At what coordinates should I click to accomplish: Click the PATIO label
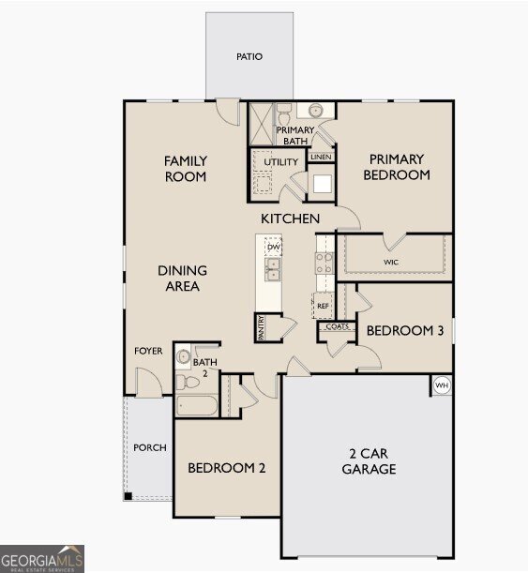[x=249, y=56]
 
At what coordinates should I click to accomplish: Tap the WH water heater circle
[x=442, y=385]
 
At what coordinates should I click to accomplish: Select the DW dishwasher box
[x=273, y=247]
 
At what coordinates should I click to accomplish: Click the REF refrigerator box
[x=323, y=306]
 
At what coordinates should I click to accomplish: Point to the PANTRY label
[x=261, y=328]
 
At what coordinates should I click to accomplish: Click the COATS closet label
[x=338, y=326]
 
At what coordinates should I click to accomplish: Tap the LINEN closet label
[x=321, y=157]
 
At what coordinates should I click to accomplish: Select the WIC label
[x=391, y=262]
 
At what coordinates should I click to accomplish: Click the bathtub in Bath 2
[x=197, y=405]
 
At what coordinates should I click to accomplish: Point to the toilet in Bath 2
[x=187, y=383]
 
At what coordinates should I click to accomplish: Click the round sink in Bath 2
[x=183, y=355]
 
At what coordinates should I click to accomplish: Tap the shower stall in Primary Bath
[x=262, y=124]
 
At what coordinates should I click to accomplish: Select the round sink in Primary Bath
[x=315, y=110]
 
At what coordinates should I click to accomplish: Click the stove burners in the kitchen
[x=324, y=264]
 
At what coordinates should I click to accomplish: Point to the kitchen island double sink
[x=273, y=269]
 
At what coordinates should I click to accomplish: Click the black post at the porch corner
[x=128, y=496]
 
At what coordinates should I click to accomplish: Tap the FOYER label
[x=148, y=351]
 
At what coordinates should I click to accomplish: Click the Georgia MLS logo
[x=42, y=559]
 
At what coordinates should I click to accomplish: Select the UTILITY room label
[x=281, y=162]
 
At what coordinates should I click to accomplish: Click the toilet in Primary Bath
[x=283, y=113]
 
